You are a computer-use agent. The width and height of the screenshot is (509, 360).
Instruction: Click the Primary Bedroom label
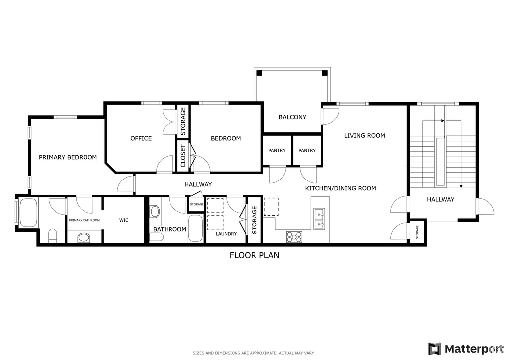(68, 158)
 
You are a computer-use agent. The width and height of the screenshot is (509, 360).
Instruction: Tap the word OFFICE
(141, 139)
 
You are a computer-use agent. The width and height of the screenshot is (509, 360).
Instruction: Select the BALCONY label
(292, 117)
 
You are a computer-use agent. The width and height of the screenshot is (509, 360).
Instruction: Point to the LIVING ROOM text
(364, 136)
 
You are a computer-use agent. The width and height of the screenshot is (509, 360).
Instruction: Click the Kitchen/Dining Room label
(340, 188)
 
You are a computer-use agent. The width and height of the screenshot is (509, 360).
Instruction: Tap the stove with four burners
(294, 237)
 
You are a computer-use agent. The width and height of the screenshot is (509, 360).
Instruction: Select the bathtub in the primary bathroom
(28, 213)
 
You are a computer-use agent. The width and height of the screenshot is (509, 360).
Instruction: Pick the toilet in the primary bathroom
(53, 236)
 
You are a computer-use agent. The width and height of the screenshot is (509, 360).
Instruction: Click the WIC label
(124, 220)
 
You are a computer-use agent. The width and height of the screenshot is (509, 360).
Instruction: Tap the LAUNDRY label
(226, 234)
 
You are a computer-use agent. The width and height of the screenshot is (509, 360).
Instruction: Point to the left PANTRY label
(277, 151)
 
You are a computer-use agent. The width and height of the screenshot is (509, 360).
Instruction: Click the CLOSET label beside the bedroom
(183, 156)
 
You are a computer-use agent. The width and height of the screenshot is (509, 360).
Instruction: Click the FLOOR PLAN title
(254, 255)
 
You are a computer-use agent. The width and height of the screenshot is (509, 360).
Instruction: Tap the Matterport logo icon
(435, 349)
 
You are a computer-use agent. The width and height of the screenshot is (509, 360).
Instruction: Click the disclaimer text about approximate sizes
(254, 353)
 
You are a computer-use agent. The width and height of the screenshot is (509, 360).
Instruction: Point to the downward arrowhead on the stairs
(461, 186)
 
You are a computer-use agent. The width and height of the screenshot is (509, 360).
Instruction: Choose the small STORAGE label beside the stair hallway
(417, 232)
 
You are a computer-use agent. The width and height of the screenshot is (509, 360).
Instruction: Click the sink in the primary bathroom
(84, 238)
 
